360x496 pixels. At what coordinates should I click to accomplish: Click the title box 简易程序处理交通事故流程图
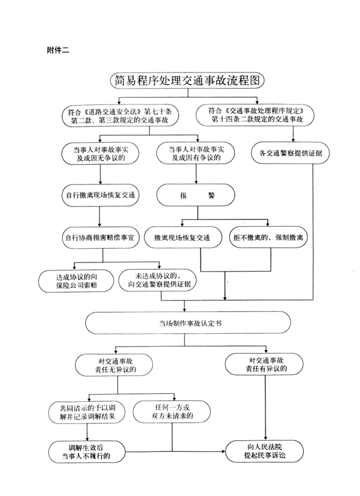coord(187,81)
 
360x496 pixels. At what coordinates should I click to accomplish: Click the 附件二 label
coord(58,50)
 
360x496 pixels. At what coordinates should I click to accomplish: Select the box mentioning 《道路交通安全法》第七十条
coord(120,116)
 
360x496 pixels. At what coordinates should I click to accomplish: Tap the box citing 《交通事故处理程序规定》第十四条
coord(255,115)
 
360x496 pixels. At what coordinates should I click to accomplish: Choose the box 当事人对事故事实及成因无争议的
coord(101,154)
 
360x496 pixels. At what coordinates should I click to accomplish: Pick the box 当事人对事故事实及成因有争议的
coord(196,153)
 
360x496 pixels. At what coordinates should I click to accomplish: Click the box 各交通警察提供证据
coord(291,153)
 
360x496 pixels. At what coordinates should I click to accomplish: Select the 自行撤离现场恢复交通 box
coord(101,195)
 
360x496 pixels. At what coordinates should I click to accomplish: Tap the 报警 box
coord(196,195)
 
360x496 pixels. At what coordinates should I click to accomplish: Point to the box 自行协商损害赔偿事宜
coord(101,237)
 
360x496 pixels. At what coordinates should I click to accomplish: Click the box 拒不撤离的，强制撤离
coord(268,237)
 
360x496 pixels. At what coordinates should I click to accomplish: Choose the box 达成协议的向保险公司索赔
coord(76,281)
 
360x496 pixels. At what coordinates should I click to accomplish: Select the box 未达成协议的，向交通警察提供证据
coord(158,280)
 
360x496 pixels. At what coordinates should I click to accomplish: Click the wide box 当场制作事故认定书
coord(188,323)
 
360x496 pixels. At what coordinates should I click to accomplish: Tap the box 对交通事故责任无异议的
coord(114,365)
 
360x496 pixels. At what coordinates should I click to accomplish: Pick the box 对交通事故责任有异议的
coord(264,364)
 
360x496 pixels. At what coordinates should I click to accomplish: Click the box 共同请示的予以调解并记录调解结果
coord(87,412)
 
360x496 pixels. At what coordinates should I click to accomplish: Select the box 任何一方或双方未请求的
coord(172,412)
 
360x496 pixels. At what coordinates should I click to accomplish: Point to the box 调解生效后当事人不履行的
coord(87,452)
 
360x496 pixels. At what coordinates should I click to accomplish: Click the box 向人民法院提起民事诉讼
coord(265,451)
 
